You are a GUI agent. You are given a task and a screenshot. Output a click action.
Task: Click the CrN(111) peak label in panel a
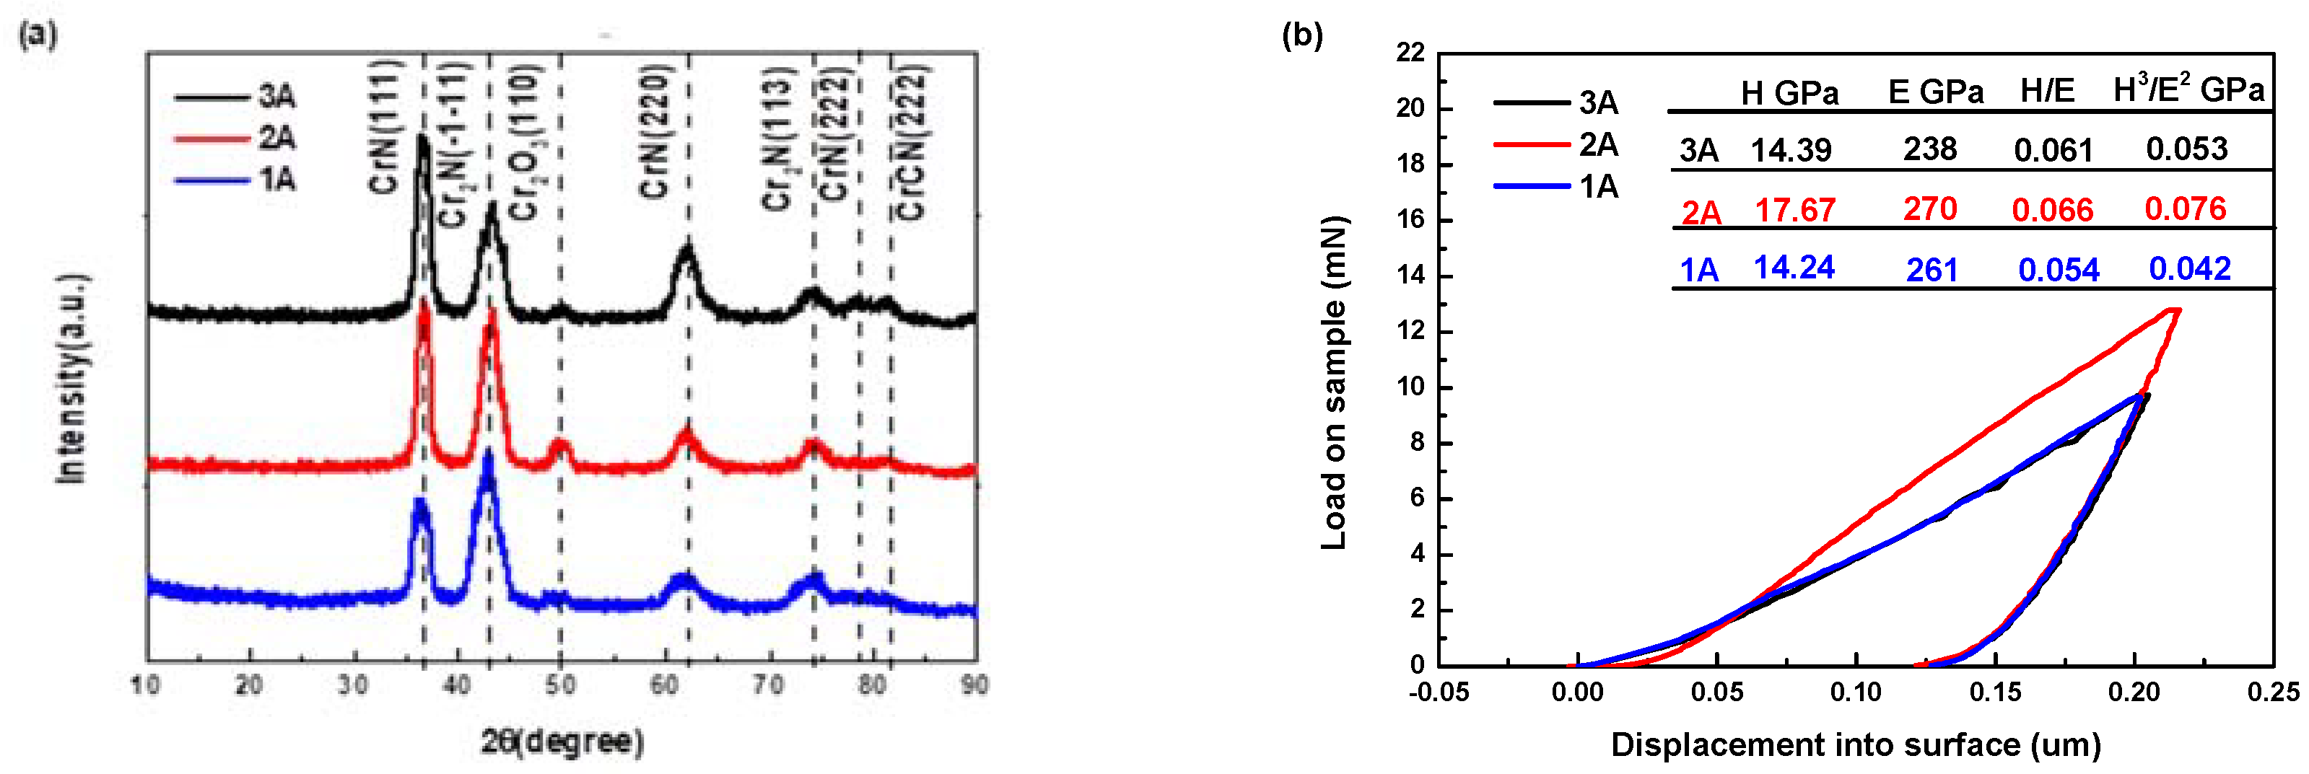point(385,127)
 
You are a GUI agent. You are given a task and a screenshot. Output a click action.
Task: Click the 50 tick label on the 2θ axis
point(560,685)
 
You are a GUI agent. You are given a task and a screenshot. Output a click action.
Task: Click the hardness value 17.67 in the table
point(1794,210)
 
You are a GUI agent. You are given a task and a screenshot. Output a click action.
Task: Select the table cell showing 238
point(1930,149)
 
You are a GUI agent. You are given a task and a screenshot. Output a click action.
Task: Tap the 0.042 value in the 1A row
point(2189,268)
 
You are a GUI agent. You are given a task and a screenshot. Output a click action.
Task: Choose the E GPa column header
point(1935,92)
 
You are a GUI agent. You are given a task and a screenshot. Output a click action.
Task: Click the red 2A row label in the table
point(1701,212)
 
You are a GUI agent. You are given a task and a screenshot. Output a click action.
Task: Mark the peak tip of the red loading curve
point(2175,310)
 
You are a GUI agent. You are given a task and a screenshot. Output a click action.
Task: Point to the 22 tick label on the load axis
point(1410,53)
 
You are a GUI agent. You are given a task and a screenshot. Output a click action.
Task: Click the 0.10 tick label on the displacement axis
point(1856,692)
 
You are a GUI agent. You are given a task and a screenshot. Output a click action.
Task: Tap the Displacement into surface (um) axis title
point(1856,744)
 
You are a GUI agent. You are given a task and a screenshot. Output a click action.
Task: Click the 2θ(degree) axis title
point(562,741)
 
